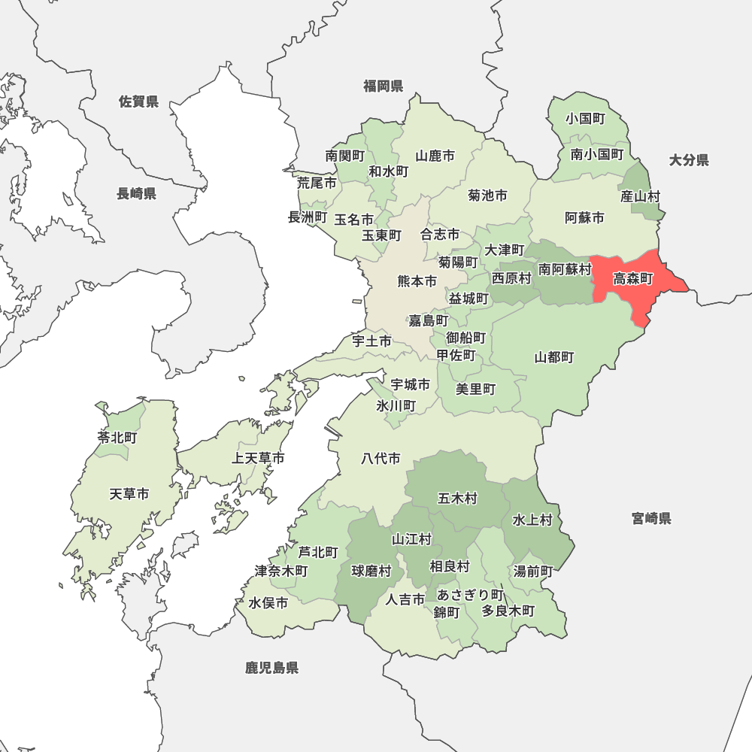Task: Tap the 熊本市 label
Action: click(417, 282)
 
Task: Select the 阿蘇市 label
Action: click(584, 218)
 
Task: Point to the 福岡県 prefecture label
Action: click(384, 86)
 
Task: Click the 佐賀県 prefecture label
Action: click(138, 102)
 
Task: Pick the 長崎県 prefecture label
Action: click(136, 194)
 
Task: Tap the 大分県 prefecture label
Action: click(689, 160)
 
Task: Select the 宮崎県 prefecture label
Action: click(651, 518)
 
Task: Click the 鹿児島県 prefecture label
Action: click(271, 668)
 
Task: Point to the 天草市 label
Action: click(129, 494)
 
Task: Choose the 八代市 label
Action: click(381, 458)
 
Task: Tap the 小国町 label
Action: click(586, 119)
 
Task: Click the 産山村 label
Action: click(640, 196)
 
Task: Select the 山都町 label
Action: click(554, 357)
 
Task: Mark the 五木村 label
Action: click(457, 499)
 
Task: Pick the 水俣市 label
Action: click(268, 603)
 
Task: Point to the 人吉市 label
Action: click(405, 599)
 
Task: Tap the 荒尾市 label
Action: click(316, 183)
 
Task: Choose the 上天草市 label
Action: click(258, 458)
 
